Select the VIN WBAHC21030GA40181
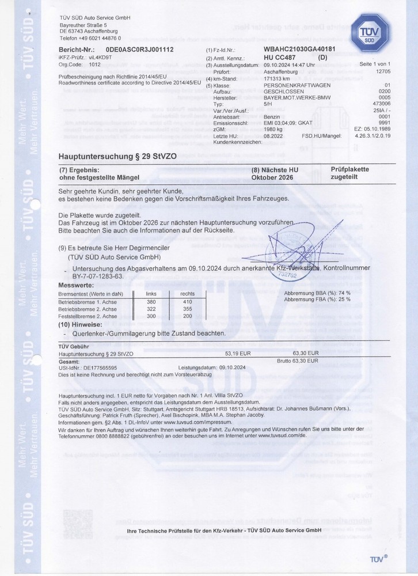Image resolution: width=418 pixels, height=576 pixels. tap(299, 51)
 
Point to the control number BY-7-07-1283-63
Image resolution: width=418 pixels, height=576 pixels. tap(90, 276)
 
